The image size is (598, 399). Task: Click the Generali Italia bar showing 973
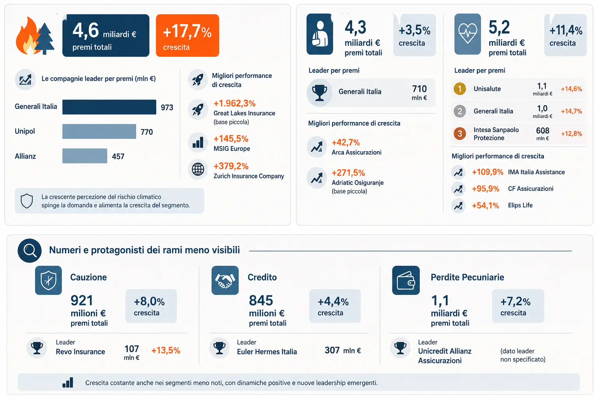pyautogui.click(x=109, y=107)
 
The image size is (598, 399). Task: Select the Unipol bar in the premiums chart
pyautogui.click(x=99, y=131)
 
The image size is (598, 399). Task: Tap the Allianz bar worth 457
pyautogui.click(x=84, y=156)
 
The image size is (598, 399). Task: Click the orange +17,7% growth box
pyautogui.click(x=187, y=35)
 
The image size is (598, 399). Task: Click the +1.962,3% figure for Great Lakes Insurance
pyautogui.click(x=234, y=103)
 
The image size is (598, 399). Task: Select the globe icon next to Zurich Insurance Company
pyautogui.click(x=198, y=169)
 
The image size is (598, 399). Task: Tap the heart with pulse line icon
pyautogui.click(x=468, y=34)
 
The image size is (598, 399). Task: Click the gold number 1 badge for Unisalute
pyautogui.click(x=460, y=89)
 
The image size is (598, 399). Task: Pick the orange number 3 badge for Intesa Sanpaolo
pyautogui.click(x=460, y=133)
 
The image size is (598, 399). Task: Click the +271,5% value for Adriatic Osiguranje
pyautogui.click(x=348, y=173)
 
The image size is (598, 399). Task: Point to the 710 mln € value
pyautogui.click(x=419, y=92)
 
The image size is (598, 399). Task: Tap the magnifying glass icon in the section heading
pyautogui.click(x=30, y=251)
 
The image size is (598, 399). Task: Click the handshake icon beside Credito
pyautogui.click(x=225, y=280)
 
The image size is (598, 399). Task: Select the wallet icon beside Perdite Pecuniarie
pyautogui.click(x=406, y=280)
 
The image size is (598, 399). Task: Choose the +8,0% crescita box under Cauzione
pyautogui.click(x=151, y=306)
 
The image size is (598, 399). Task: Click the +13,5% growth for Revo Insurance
pyautogui.click(x=166, y=350)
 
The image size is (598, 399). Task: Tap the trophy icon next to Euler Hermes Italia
pyautogui.click(x=220, y=348)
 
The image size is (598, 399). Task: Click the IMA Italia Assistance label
pyautogui.click(x=536, y=172)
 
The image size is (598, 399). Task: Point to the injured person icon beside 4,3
pyautogui.click(x=320, y=34)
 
